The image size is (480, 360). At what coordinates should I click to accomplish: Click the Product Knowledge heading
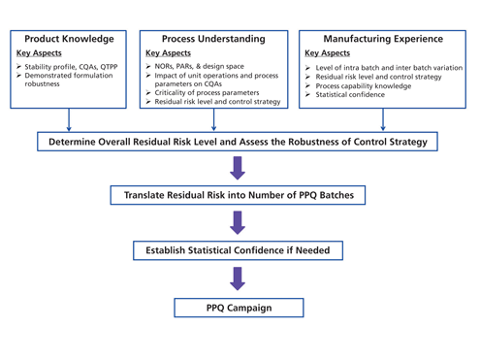(69, 39)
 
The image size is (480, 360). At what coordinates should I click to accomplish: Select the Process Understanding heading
(213, 39)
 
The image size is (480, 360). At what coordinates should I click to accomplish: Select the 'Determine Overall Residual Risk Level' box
(238, 142)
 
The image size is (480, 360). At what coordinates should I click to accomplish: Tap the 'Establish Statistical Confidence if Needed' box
(238, 250)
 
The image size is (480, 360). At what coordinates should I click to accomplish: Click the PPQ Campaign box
(239, 308)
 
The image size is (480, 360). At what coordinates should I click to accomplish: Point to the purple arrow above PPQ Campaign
(239, 278)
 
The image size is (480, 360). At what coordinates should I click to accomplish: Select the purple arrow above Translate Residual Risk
(239, 168)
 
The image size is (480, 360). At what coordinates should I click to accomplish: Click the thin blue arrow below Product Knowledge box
(69, 119)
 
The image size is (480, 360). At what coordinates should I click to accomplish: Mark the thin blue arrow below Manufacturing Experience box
(383, 119)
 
